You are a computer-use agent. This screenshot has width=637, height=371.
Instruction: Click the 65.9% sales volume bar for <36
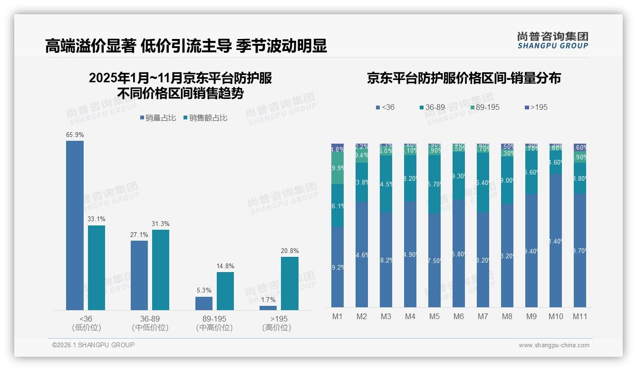pyautogui.click(x=75, y=225)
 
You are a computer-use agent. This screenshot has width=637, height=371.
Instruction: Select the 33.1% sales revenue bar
pyautogui.click(x=97, y=268)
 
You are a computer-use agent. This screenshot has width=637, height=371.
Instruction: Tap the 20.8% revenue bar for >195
pyautogui.click(x=290, y=283)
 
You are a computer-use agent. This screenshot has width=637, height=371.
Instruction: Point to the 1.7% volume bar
pyautogui.click(x=268, y=308)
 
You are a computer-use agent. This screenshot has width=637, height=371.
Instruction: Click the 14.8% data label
pyautogui.click(x=225, y=266)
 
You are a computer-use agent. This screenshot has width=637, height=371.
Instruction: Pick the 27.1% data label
pyautogui.click(x=139, y=234)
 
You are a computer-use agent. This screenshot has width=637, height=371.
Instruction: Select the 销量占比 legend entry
pyautogui.click(x=159, y=118)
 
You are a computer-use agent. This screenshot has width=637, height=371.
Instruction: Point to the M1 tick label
pyautogui.click(x=337, y=316)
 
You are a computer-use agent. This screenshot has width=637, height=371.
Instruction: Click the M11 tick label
pyautogui.click(x=579, y=316)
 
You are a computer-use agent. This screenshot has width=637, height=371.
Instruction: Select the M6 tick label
pyautogui.click(x=458, y=316)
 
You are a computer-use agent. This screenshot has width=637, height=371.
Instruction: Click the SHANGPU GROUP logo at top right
pyautogui.click(x=553, y=40)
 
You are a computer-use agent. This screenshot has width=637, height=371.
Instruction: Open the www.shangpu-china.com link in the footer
pyautogui.click(x=554, y=345)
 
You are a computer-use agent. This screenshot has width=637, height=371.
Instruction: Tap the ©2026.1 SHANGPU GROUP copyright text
pyautogui.click(x=93, y=345)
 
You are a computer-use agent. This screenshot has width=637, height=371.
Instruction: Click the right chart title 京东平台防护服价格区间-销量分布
pyautogui.click(x=463, y=78)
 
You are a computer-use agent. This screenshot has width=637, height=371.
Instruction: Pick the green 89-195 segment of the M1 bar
pyautogui.click(x=338, y=168)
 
